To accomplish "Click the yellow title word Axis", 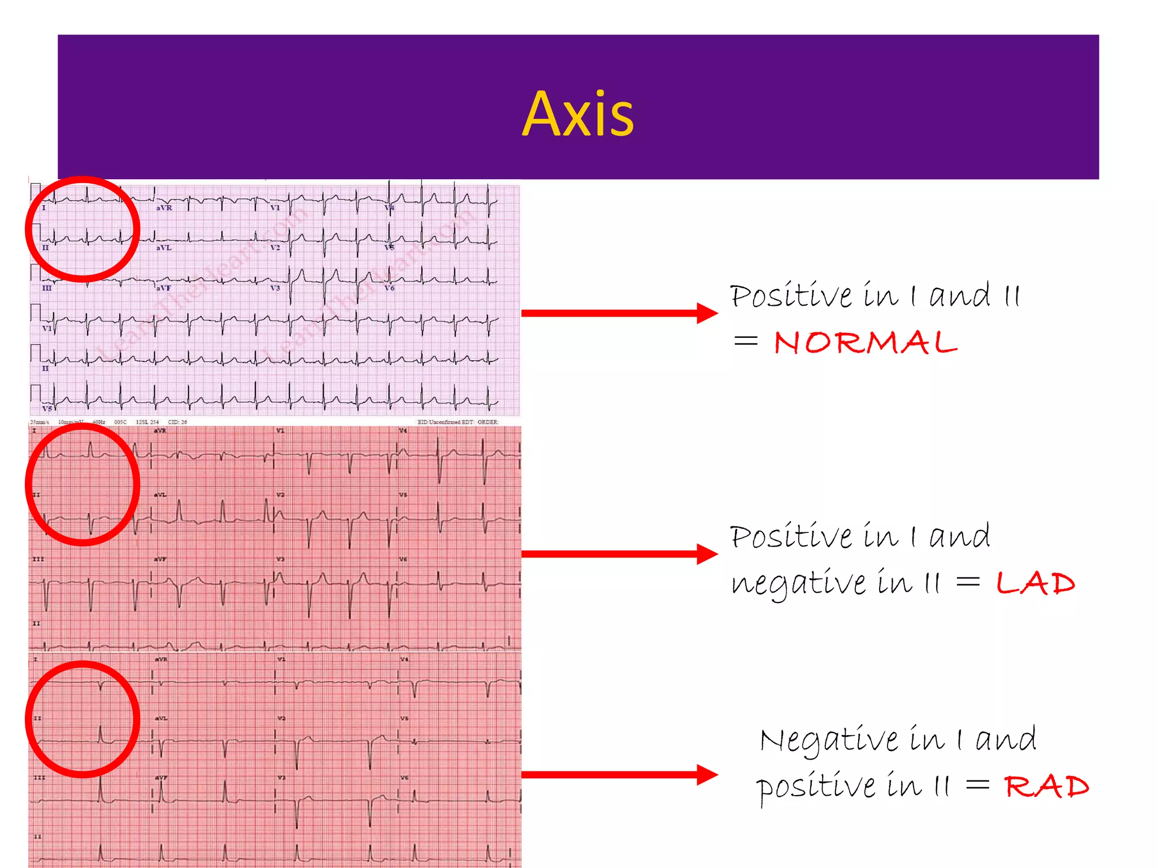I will (578, 115).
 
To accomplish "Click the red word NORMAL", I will (865, 343).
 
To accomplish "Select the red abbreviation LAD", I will (1035, 583).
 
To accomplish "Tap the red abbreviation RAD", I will (1046, 787).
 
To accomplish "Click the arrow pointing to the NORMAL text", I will (619, 313).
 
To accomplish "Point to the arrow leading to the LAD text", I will (619, 554).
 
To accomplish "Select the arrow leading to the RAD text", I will (619, 774).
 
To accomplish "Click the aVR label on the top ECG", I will (164, 208).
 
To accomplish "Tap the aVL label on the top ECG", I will (163, 248).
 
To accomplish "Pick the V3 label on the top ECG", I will (275, 288).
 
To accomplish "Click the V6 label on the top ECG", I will (389, 288).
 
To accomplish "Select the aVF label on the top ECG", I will (163, 288).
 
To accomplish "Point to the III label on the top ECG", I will (47, 288).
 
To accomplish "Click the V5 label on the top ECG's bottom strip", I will (47, 408).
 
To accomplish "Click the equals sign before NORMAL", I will (745, 341).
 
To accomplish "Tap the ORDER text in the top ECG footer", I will (488, 422).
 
